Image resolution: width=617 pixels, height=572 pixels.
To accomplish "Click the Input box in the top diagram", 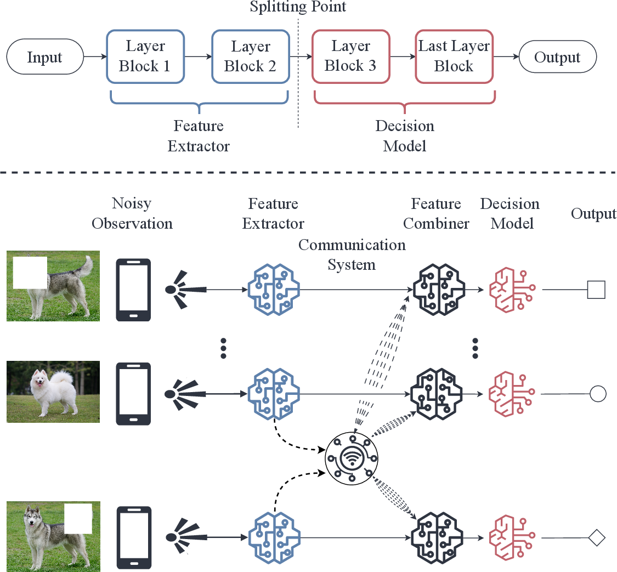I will pos(44,57).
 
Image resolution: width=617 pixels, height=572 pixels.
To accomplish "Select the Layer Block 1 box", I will pos(145,56).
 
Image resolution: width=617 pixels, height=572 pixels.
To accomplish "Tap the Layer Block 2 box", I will pos(250,56).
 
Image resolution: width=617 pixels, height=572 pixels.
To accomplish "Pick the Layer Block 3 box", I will pos(350,56).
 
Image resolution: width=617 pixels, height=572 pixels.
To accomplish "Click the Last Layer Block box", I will pos(454,56).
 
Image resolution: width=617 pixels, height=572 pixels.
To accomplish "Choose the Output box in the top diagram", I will pos(557,57).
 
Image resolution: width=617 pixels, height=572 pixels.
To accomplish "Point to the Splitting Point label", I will pos(298,7).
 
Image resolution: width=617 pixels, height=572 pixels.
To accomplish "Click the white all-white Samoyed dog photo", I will pos(53,392).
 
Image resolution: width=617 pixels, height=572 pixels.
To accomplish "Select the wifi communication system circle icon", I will pos(352,456).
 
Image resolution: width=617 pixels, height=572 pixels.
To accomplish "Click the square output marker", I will pos(596,289).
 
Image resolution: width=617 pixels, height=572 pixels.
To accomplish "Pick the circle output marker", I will pos(598,394).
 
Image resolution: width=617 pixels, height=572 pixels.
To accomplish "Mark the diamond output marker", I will pos(596,537).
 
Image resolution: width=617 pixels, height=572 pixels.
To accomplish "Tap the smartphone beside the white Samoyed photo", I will pos(133,394).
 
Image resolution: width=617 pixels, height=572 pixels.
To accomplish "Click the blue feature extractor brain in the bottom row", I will pos(273,537).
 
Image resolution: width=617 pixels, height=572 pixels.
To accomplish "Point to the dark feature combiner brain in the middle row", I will pos(436,394).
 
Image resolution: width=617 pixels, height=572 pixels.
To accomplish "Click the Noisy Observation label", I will pos(132,213).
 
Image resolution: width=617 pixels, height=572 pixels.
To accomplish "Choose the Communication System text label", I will pos(352,254).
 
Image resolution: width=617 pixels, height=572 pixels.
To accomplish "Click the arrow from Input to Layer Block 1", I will pos(94,57).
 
